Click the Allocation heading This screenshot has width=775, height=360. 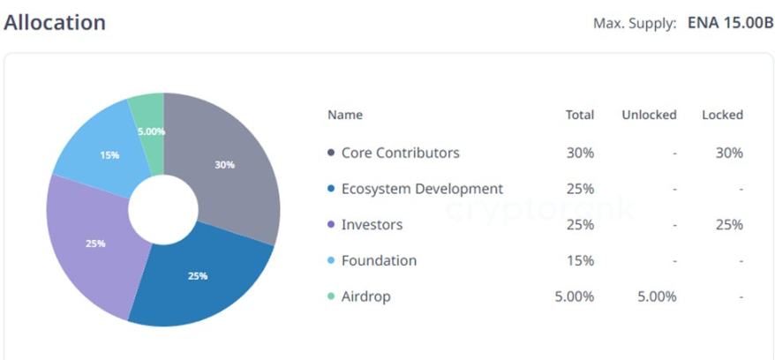(55, 23)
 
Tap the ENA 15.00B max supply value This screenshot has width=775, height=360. (730, 23)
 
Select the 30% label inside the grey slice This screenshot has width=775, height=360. (225, 165)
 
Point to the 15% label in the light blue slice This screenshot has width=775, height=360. (109, 155)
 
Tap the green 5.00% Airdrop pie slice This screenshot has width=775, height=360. (148, 115)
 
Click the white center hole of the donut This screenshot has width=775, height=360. (163, 210)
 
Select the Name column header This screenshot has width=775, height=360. (344, 115)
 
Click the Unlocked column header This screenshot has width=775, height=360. (649, 115)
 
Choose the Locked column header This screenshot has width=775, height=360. (722, 115)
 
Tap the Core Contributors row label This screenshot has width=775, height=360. (400, 153)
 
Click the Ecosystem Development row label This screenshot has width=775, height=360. (422, 189)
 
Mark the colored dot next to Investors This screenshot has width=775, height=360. (331, 225)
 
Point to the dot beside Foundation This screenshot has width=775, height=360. (331, 261)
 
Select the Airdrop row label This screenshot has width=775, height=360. (365, 297)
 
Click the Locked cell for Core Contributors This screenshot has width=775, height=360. (729, 153)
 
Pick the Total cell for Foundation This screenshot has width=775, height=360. (580, 261)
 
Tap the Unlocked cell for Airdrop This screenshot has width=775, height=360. (657, 297)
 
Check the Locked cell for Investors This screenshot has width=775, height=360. (729, 225)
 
